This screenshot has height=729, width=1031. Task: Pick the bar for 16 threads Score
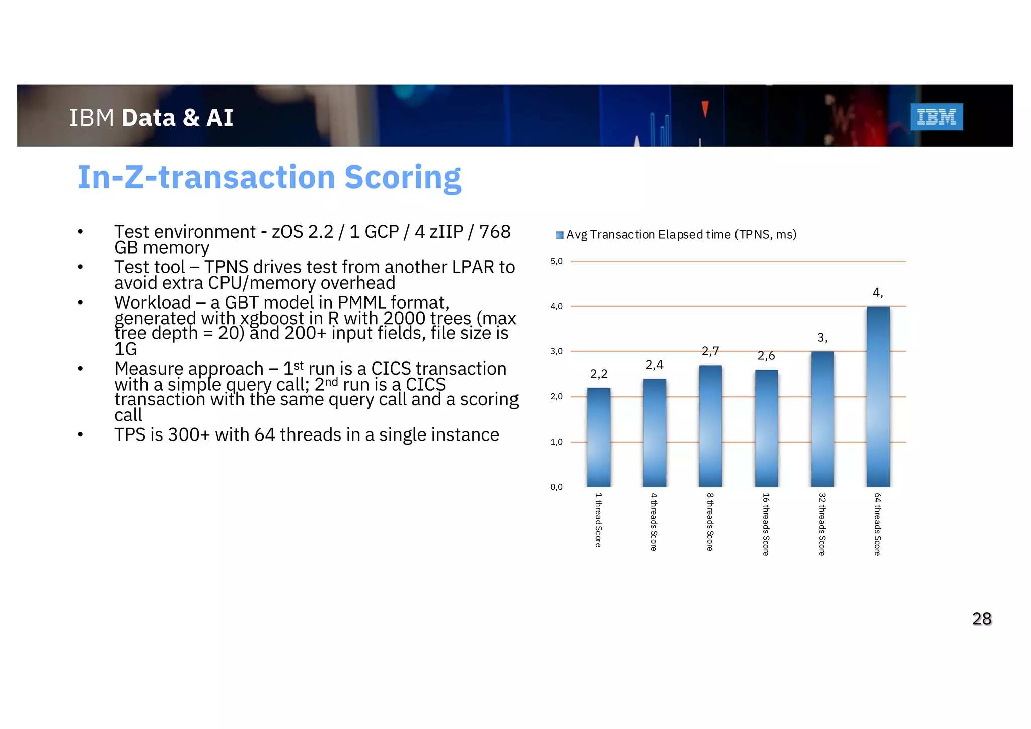[x=766, y=428]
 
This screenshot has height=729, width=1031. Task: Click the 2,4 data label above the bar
[x=654, y=364]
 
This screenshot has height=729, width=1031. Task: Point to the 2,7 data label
[x=710, y=351]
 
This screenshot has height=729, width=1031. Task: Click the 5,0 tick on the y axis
[x=556, y=261]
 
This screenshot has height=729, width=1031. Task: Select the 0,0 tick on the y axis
[x=556, y=487]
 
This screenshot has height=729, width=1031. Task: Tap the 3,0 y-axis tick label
[x=556, y=351]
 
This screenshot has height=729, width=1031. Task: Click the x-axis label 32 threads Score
[x=822, y=524]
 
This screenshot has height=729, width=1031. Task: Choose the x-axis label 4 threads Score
[x=654, y=522]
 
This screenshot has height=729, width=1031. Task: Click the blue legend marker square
[x=559, y=235]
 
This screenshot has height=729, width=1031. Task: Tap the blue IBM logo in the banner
[x=936, y=117]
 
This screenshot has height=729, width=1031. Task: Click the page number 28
[x=982, y=619]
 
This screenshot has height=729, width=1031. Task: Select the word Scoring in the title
[x=402, y=178]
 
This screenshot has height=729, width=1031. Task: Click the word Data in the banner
[x=149, y=118]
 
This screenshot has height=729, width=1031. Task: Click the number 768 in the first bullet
[x=495, y=232]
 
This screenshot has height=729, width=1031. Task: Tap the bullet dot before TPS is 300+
[x=80, y=434]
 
